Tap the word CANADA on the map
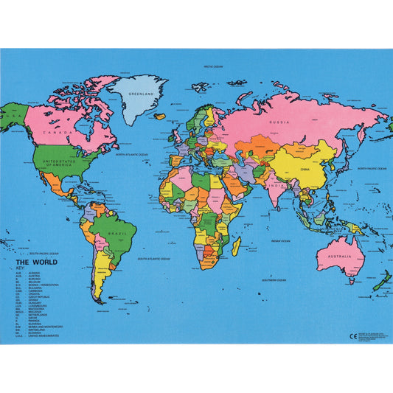[60, 133]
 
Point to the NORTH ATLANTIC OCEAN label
[131, 154]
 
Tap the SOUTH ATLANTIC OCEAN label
[153, 259]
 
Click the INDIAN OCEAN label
[281, 240]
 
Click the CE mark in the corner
[352, 335]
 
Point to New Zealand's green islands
[381, 282]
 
